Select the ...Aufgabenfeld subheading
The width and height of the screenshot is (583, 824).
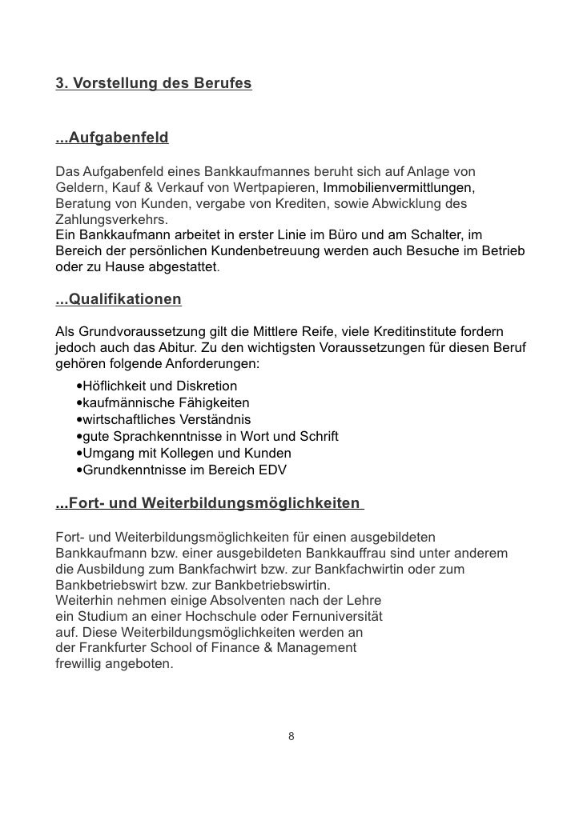click(x=112, y=138)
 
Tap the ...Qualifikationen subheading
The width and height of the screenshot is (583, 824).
click(x=119, y=300)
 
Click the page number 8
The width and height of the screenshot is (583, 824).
click(x=291, y=736)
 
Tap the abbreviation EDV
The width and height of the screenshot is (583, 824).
click(x=271, y=470)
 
